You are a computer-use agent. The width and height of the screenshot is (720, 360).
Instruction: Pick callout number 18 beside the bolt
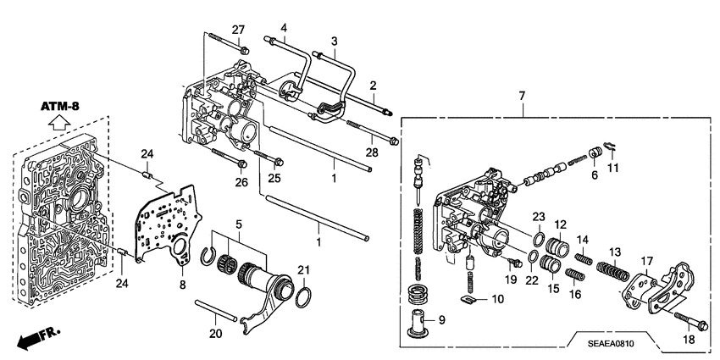click(x=687, y=340)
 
